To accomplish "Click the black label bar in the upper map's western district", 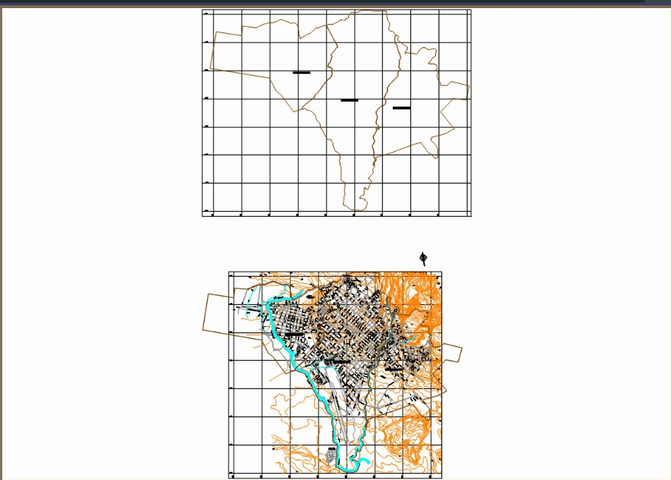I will coord(302,73).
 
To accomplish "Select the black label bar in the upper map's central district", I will coord(350,100).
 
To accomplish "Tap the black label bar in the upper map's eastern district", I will coord(402,108).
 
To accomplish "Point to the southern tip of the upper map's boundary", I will coord(358,209).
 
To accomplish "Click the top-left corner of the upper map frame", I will coord(203,11).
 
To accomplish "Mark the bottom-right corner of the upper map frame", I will coord(470,215).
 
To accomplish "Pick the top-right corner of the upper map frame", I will coord(470,11).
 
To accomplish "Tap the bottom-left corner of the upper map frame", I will coord(203,215).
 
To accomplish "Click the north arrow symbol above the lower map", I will coord(424,258).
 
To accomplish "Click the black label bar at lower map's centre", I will coord(340,361).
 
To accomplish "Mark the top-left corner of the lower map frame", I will coord(229,272).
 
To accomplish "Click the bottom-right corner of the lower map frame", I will coord(441,474).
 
